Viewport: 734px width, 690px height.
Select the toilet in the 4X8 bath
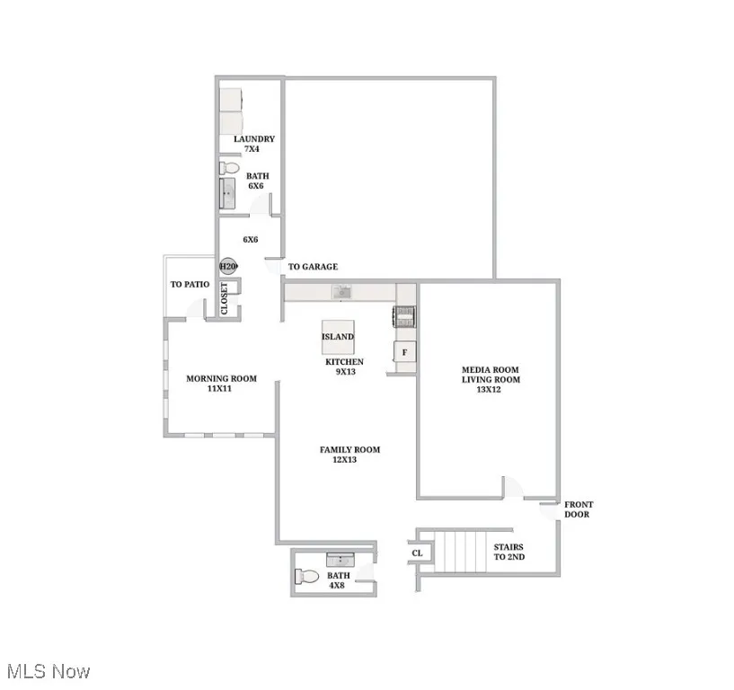pyautogui.click(x=307, y=577)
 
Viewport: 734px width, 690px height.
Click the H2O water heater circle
pyautogui.click(x=228, y=267)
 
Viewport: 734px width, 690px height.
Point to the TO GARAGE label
pyautogui.click(x=313, y=267)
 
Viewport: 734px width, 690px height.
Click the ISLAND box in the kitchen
pyautogui.click(x=338, y=337)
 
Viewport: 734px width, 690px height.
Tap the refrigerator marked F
pyautogui.click(x=405, y=352)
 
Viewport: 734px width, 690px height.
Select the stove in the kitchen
pyautogui.click(x=405, y=315)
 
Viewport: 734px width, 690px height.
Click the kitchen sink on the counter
pyautogui.click(x=341, y=291)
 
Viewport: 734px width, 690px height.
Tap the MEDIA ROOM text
pyautogui.click(x=490, y=369)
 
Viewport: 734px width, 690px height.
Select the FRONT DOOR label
pyautogui.click(x=578, y=509)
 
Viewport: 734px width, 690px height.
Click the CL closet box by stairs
pyautogui.click(x=418, y=553)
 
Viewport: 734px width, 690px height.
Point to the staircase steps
pyautogui.click(x=460, y=551)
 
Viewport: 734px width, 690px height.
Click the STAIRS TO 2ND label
pyautogui.click(x=508, y=552)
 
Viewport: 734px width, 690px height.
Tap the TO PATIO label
pyautogui.click(x=190, y=285)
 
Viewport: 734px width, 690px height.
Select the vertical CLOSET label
pyautogui.click(x=225, y=299)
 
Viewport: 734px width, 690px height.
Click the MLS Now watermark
pyautogui.click(x=49, y=671)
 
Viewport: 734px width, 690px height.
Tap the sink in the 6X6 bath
pyautogui.click(x=228, y=193)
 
